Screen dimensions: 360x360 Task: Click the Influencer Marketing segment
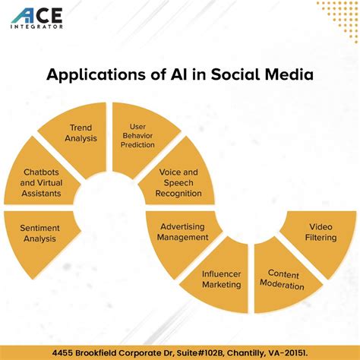point(221,279)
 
